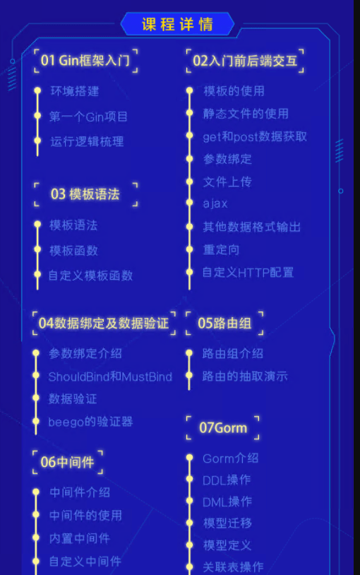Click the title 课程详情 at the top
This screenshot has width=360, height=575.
pyautogui.click(x=177, y=24)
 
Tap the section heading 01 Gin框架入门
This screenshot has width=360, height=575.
pyautogui.click(x=85, y=60)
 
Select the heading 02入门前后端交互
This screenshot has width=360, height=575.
pyautogui.click(x=245, y=61)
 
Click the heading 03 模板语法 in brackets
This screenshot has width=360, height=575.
pyautogui.click(x=85, y=194)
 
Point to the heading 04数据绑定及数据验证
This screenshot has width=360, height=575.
pyautogui.click(x=103, y=323)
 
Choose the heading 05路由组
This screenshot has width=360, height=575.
pyautogui.click(x=224, y=323)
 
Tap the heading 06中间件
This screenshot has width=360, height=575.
pyautogui.click(x=67, y=462)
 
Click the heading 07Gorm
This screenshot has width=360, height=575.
pyautogui.click(x=223, y=427)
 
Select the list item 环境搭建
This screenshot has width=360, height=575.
pyautogui.click(x=75, y=91)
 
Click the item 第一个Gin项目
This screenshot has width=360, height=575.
pyautogui.click(x=88, y=117)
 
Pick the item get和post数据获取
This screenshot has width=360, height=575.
pyautogui.click(x=255, y=136)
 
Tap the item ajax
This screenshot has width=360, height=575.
pyautogui.click(x=215, y=203)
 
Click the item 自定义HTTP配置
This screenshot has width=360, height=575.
pyautogui.click(x=248, y=273)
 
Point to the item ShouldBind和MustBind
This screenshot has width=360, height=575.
pyautogui.click(x=110, y=377)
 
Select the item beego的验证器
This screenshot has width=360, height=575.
pyautogui.click(x=90, y=422)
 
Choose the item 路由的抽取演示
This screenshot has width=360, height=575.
pyautogui.click(x=245, y=376)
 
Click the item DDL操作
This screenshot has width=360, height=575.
pyautogui.click(x=227, y=480)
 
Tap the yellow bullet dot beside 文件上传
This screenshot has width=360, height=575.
pyautogui.click(x=190, y=182)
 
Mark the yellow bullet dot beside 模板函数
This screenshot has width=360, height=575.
pyautogui.click(x=37, y=250)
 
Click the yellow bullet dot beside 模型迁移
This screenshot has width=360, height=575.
pyautogui.click(x=190, y=523)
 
